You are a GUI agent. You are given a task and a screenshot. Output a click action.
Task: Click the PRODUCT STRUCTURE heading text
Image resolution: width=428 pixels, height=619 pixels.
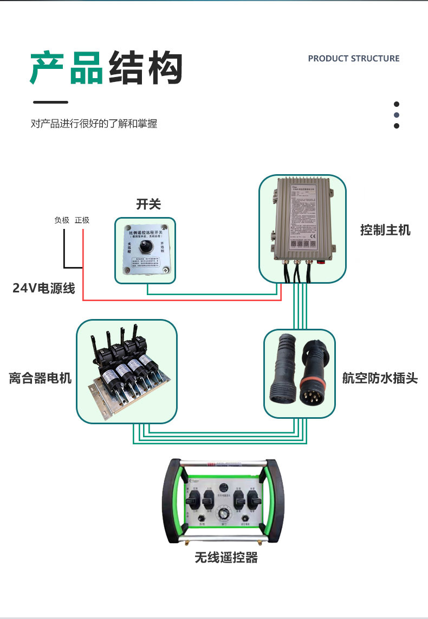[x=353, y=59]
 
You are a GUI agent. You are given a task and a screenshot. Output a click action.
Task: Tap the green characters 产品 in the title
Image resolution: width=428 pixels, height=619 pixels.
[x=66, y=68]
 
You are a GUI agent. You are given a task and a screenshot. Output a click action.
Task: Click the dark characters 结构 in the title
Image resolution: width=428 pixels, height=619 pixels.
[x=145, y=68]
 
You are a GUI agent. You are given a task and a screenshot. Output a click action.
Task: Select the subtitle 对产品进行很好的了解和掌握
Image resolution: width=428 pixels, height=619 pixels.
[x=94, y=124]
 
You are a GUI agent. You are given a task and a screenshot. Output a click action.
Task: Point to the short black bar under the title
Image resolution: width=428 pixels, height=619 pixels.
[x=50, y=102]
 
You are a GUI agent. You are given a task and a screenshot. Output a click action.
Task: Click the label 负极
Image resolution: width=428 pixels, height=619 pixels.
[x=62, y=220]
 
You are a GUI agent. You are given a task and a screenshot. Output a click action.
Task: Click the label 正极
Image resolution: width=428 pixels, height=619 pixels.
[x=82, y=220]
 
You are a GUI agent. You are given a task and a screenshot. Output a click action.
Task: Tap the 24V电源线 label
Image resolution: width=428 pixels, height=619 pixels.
[x=43, y=288]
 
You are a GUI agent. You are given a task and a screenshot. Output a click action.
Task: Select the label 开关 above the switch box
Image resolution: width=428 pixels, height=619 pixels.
[x=148, y=204]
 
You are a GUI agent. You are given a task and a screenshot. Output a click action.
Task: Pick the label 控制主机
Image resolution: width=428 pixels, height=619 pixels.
[x=385, y=230]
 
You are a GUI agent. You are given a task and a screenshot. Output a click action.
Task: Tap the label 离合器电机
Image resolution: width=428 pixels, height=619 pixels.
[x=40, y=378]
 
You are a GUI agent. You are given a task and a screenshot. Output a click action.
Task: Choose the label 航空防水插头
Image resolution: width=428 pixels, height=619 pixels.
[x=379, y=378]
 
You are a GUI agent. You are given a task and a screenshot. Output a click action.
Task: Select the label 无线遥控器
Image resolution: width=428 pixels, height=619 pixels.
[x=226, y=557]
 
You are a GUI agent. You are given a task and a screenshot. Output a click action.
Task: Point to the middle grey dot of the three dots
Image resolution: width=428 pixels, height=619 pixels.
[x=396, y=115]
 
